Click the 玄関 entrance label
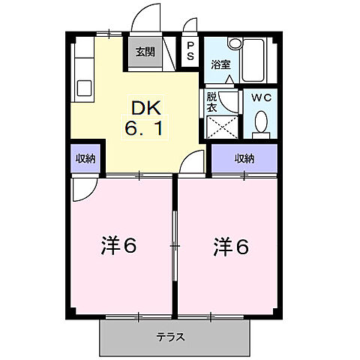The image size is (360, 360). pos(145,52)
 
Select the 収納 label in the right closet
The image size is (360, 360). pos(244,158)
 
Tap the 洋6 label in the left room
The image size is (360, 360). pos(118,246)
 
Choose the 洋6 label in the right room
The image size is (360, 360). pos(230,246)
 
